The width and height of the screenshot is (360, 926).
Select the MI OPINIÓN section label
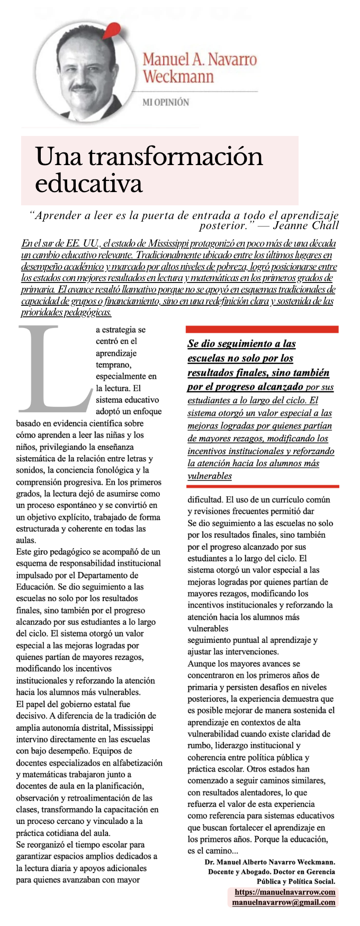pos(165,102)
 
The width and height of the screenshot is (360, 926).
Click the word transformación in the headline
pos(175,157)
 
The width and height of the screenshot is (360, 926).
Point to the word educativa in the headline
pos(88,184)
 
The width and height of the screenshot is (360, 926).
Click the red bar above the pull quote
pos(262,329)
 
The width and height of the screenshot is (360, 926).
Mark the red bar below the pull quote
pos(262,486)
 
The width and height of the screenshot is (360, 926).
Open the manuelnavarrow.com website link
pos(285,892)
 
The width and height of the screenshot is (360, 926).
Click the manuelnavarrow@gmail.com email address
pos(283,902)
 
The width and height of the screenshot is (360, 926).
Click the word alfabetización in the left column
pos(133,762)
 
